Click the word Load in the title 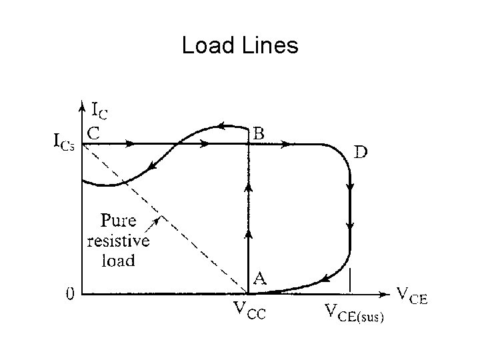206,46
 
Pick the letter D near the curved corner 359,152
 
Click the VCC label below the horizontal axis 248,311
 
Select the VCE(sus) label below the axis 354,312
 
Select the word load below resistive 117,260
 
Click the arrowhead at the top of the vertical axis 81,105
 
